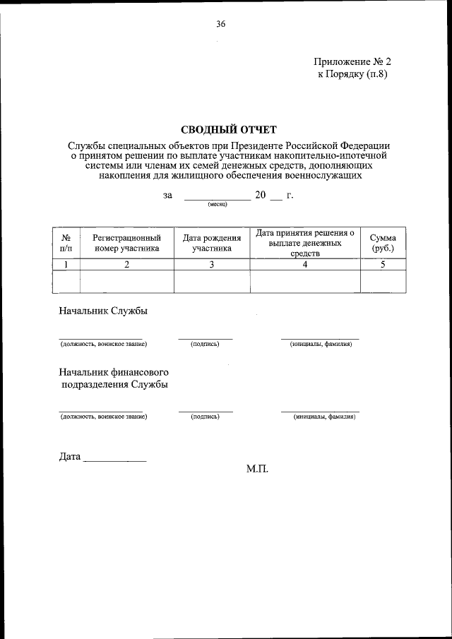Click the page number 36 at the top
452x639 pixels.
220,24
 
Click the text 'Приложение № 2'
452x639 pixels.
351,61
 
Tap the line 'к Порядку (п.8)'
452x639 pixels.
352,73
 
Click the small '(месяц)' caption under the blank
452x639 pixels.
217,204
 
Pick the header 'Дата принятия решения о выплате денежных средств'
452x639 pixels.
304,243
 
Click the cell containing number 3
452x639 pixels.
211,265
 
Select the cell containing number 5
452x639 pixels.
383,265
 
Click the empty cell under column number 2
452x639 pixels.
126,281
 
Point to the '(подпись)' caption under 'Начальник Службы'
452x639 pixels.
205,344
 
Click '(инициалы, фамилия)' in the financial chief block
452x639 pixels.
324,417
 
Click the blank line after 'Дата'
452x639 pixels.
114,459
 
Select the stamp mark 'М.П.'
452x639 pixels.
257,468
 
